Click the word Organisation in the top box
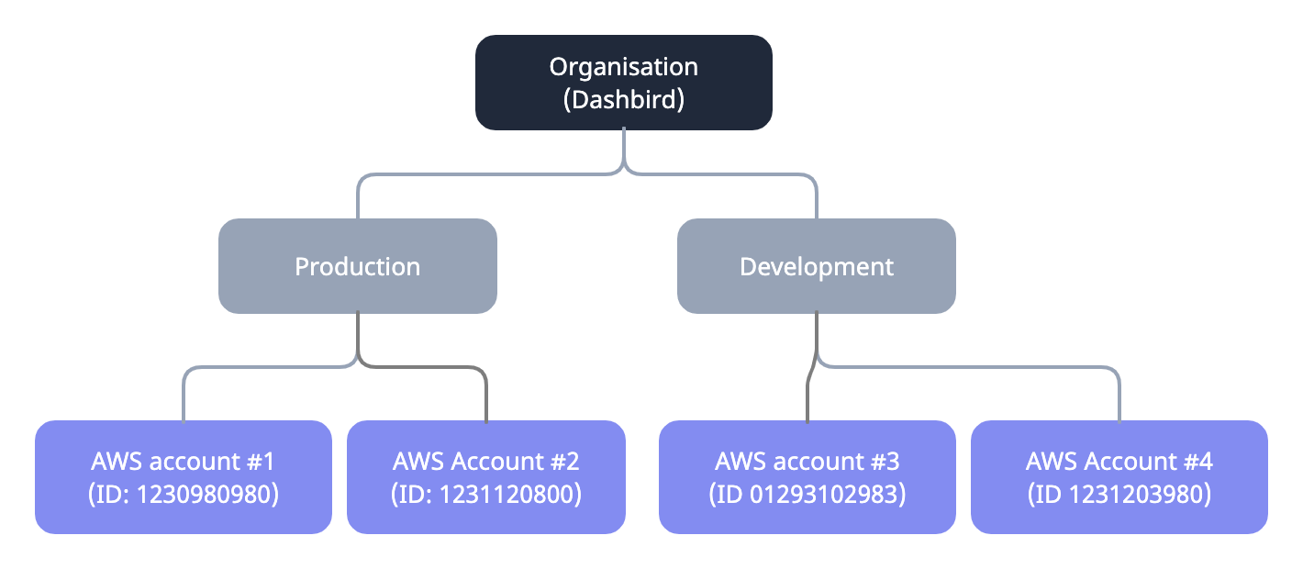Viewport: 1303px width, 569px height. (623, 67)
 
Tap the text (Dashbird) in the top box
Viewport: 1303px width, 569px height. (623, 99)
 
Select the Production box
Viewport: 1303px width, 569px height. (357, 267)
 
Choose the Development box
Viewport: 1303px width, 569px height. (816, 267)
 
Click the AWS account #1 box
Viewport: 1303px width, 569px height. (183, 477)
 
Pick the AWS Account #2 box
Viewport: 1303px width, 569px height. (485, 477)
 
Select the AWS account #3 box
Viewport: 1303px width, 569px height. (807, 477)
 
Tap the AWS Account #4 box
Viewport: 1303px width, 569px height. (1119, 477)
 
